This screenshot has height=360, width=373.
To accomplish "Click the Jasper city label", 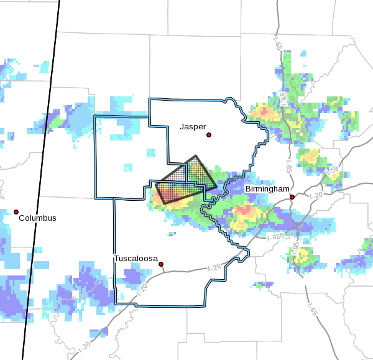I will [193, 126].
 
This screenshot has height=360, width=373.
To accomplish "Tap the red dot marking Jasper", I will [210, 135].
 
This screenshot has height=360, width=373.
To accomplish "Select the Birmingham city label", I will [267, 188].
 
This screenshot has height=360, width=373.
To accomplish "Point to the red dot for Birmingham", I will [292, 197].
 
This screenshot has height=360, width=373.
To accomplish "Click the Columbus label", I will [37, 218].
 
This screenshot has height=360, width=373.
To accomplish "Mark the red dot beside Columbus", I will [16, 212].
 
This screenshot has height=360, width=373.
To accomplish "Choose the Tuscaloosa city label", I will [136, 258].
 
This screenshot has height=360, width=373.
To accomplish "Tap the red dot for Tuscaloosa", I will [161, 264].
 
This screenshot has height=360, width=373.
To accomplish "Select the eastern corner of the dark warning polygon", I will [216, 186].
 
